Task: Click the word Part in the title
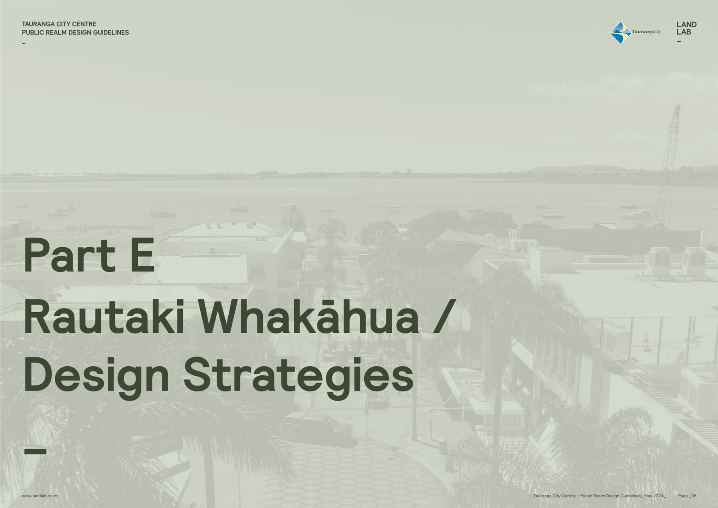(69, 255)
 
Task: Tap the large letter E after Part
(143, 255)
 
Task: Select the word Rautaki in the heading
(104, 316)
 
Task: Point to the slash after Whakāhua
(444, 316)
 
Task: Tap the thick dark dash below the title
(35, 451)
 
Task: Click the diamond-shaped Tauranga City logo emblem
(620, 33)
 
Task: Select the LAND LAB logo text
(686, 28)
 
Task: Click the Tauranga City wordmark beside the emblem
(646, 31)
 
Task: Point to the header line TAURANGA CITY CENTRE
(59, 24)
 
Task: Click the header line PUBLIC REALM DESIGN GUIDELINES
(75, 32)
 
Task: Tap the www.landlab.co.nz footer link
(40, 496)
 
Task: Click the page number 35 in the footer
(694, 496)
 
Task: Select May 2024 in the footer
(654, 496)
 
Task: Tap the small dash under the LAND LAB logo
(678, 41)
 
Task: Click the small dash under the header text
(24, 43)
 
